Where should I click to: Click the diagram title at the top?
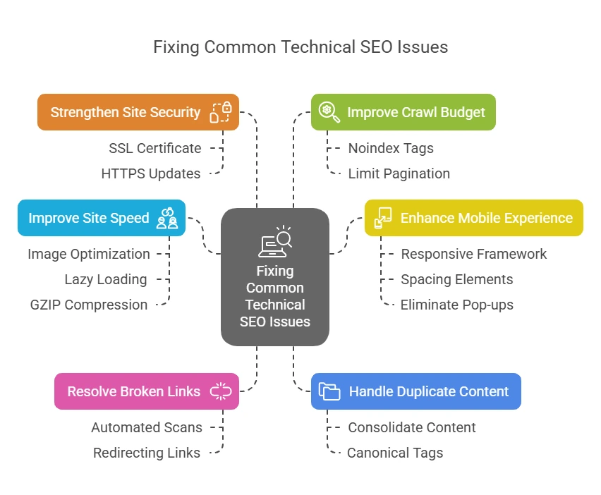[300, 47]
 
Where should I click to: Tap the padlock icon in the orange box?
[221, 112]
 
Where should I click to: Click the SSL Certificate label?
[155, 148]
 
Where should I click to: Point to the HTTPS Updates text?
[151, 173]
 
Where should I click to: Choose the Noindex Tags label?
[391, 148]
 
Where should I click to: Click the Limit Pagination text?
[399, 173]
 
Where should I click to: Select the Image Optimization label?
[89, 254]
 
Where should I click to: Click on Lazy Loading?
[106, 279]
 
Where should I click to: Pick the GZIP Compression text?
[89, 305]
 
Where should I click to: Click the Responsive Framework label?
[473, 254]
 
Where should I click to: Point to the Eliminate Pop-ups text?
[456, 305]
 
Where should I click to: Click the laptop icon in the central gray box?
[274, 242]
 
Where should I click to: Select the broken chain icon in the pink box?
[221, 391]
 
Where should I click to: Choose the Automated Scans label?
[147, 427]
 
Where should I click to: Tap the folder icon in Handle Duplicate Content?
[329, 391]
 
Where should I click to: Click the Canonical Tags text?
[395, 453]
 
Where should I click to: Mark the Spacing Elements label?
[456, 279]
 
